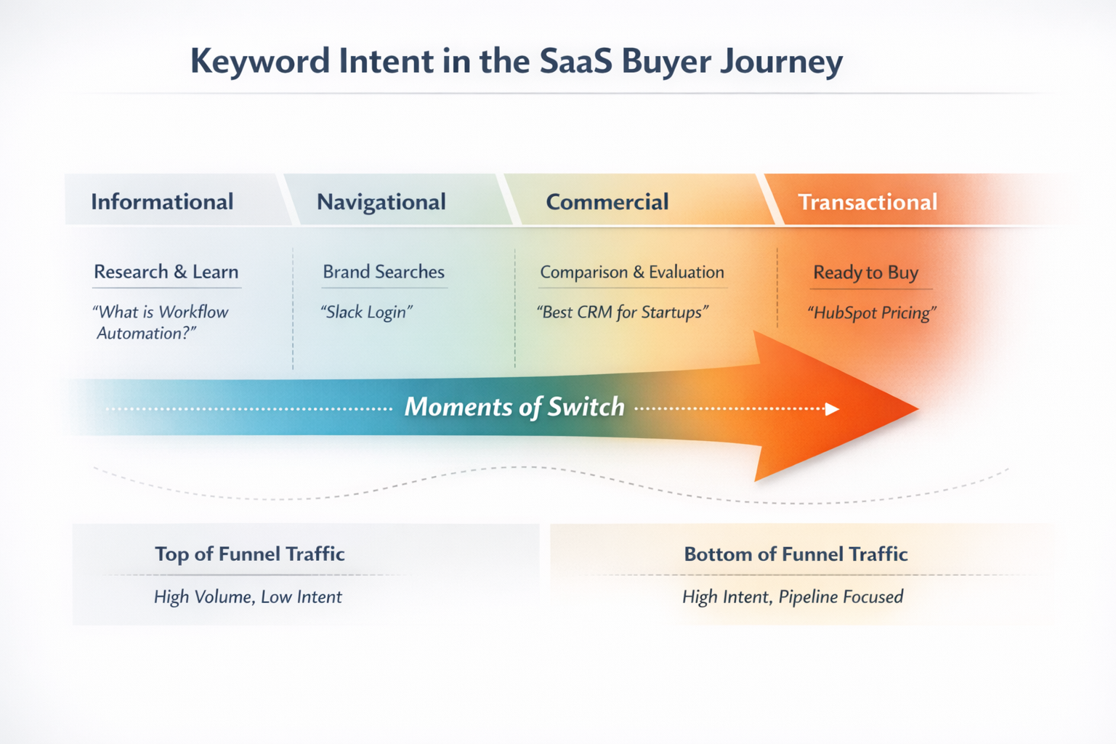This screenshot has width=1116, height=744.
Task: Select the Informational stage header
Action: pyautogui.click(x=162, y=201)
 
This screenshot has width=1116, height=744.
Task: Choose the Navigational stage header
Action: pyautogui.click(x=381, y=201)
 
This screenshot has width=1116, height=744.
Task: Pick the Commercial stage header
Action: pyautogui.click(x=607, y=201)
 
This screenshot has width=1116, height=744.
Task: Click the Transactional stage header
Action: pyautogui.click(x=868, y=201)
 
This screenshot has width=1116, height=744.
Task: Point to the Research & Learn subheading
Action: pyautogui.click(x=166, y=272)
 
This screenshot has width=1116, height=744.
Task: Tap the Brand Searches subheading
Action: pyautogui.click(x=384, y=272)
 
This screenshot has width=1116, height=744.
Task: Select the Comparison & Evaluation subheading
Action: pyautogui.click(x=631, y=272)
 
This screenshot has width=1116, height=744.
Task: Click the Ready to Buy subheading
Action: pyautogui.click(x=865, y=272)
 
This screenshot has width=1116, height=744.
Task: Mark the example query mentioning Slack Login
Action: pyautogui.click(x=366, y=312)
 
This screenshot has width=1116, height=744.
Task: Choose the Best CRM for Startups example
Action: pyautogui.click(x=622, y=312)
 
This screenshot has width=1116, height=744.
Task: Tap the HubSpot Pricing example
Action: pyautogui.click(x=872, y=312)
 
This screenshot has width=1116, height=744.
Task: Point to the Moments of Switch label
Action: pyautogui.click(x=514, y=407)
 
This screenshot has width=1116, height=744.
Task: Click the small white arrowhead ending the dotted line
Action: pyautogui.click(x=833, y=409)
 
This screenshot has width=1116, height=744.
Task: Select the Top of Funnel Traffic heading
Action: pyautogui.click(x=249, y=554)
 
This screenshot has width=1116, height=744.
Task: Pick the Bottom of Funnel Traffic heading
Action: pyautogui.click(x=796, y=554)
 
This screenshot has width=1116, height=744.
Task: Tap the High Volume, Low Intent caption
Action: pyautogui.click(x=248, y=597)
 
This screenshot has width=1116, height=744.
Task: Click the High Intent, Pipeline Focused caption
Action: pyautogui.click(x=793, y=597)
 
